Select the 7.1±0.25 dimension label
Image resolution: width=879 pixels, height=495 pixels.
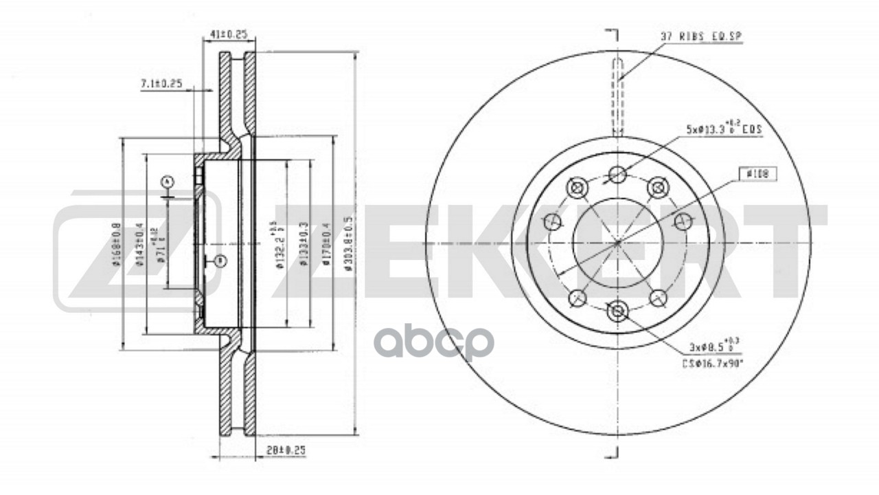pos(161,83)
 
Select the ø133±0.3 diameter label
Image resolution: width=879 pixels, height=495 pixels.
pos(303,244)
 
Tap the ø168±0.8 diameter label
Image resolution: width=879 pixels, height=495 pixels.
pos(118,244)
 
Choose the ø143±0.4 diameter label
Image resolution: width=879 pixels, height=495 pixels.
pos(139,244)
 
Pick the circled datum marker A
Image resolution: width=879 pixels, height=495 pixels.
pos(166,181)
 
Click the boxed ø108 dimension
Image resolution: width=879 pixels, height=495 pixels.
pos(757,175)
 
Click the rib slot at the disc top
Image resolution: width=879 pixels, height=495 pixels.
pos(617,96)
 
